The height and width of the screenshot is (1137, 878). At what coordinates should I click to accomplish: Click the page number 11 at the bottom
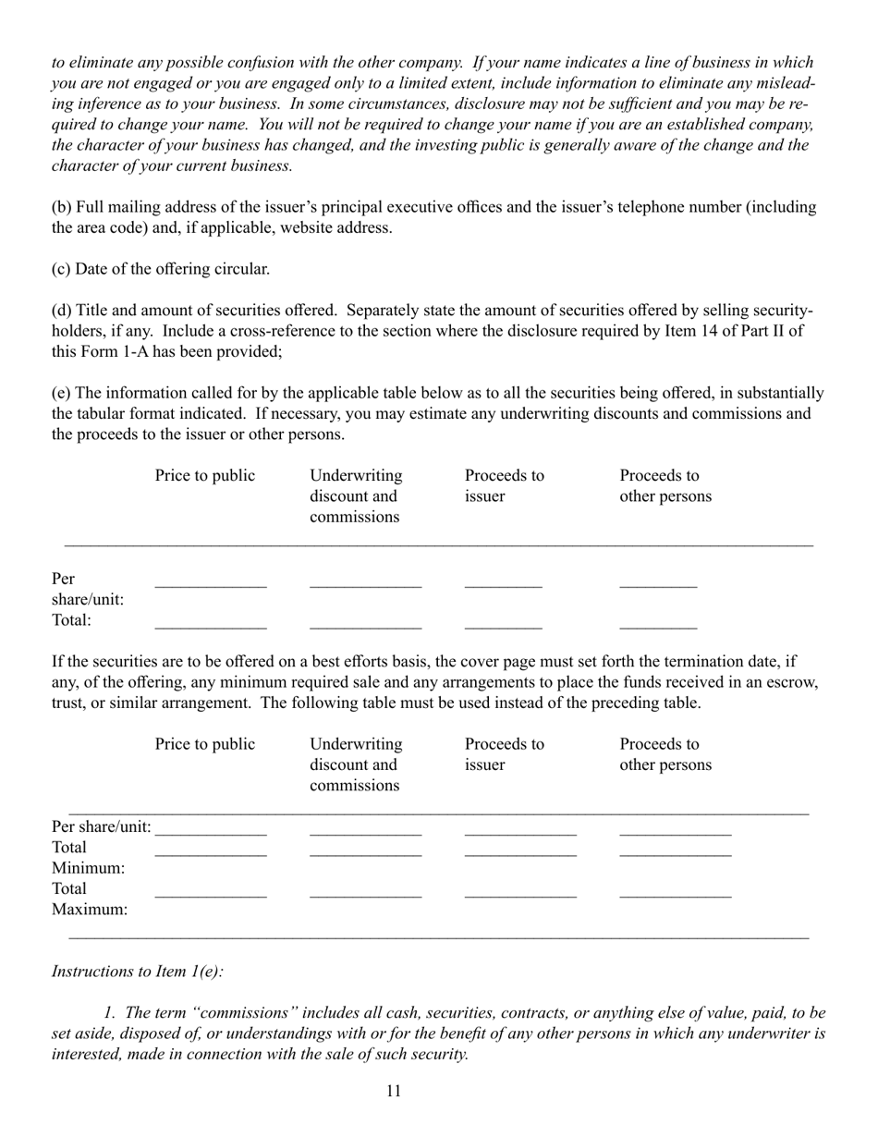pyautogui.click(x=394, y=1092)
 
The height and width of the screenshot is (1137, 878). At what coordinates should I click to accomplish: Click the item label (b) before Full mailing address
pyautogui.click(x=61, y=207)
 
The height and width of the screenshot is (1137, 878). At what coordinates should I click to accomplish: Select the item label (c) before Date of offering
pyautogui.click(x=60, y=269)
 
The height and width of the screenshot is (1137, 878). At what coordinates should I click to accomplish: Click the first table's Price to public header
pyautogui.click(x=204, y=476)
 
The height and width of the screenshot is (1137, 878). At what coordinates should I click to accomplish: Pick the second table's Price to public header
pyautogui.click(x=204, y=744)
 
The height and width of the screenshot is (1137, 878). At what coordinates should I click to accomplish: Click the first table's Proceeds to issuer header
pyautogui.click(x=504, y=486)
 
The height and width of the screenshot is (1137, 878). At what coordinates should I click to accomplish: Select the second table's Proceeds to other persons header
pyautogui.click(x=665, y=754)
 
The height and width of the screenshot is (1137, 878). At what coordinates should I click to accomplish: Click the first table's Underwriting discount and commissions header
pyautogui.click(x=356, y=496)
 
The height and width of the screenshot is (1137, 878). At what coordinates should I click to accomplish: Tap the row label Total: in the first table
pyautogui.click(x=72, y=620)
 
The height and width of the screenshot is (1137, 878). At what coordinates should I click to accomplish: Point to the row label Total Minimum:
pyautogui.click(x=88, y=858)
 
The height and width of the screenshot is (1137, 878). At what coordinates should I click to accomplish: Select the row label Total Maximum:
pyautogui.click(x=90, y=899)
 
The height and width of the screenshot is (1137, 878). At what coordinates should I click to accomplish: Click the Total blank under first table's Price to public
pyautogui.click(x=211, y=627)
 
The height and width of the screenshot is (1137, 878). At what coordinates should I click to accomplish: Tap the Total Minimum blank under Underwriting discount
pyautogui.click(x=365, y=854)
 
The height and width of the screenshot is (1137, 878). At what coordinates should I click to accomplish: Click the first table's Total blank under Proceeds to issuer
pyautogui.click(x=503, y=627)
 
